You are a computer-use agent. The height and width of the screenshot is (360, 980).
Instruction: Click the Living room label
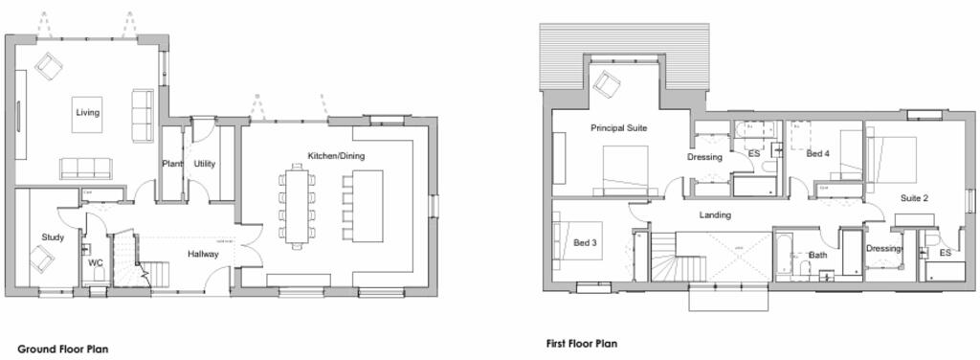87,113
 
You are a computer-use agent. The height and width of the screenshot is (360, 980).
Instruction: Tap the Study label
52,237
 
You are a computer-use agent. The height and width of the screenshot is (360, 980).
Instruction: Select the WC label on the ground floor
96,262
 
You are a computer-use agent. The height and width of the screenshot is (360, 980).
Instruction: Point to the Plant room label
172,164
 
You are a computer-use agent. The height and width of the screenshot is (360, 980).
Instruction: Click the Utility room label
205,164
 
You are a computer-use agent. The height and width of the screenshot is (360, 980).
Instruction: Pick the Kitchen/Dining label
335,156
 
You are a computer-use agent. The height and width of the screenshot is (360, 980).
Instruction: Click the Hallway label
203,255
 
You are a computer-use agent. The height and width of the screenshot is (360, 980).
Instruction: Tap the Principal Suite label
618,127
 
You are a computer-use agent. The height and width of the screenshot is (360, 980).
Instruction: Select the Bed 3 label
585,243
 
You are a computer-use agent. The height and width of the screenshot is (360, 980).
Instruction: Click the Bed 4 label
817,153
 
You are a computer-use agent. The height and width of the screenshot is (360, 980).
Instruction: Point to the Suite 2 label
914,198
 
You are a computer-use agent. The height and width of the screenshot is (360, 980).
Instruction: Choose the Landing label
715,215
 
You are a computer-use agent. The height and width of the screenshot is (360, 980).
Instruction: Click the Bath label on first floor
818,256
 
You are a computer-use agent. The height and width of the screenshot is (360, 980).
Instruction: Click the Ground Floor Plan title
63,349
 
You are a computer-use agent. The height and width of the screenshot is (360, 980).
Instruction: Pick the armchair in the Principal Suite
606,84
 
